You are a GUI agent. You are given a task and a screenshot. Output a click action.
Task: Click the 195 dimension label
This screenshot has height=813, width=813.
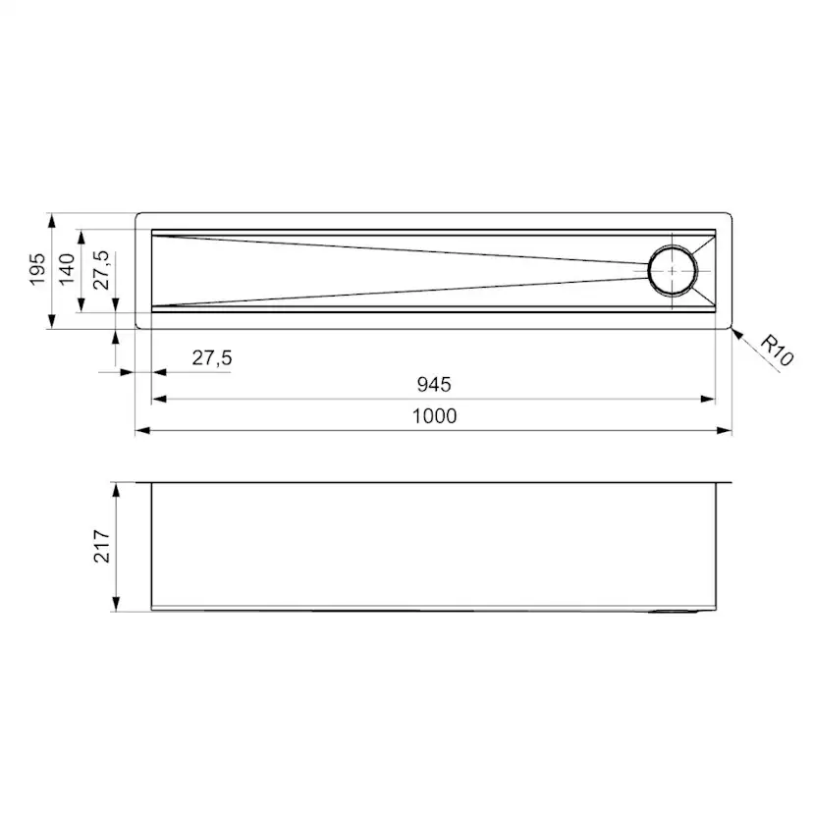tap(37, 270)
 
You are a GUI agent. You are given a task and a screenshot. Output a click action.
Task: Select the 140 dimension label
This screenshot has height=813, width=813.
tap(67, 270)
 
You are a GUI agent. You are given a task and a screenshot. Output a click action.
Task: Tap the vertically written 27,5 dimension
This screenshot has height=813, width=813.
tap(100, 271)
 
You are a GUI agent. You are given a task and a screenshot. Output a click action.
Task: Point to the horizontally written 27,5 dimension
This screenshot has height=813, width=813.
tap(211, 357)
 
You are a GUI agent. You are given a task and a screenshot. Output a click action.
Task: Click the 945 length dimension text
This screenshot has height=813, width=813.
tap(434, 384)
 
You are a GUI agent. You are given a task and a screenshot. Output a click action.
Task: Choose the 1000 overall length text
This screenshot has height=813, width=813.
tap(435, 416)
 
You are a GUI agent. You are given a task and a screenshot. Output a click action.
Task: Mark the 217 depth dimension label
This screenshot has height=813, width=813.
tap(102, 546)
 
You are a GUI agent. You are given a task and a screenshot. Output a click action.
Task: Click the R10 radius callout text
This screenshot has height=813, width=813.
tap(777, 351)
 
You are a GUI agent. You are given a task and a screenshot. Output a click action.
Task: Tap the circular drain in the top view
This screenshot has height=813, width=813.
tap(673, 271)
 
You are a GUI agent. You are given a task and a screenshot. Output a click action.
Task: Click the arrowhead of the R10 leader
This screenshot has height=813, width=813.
tap(736, 334)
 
